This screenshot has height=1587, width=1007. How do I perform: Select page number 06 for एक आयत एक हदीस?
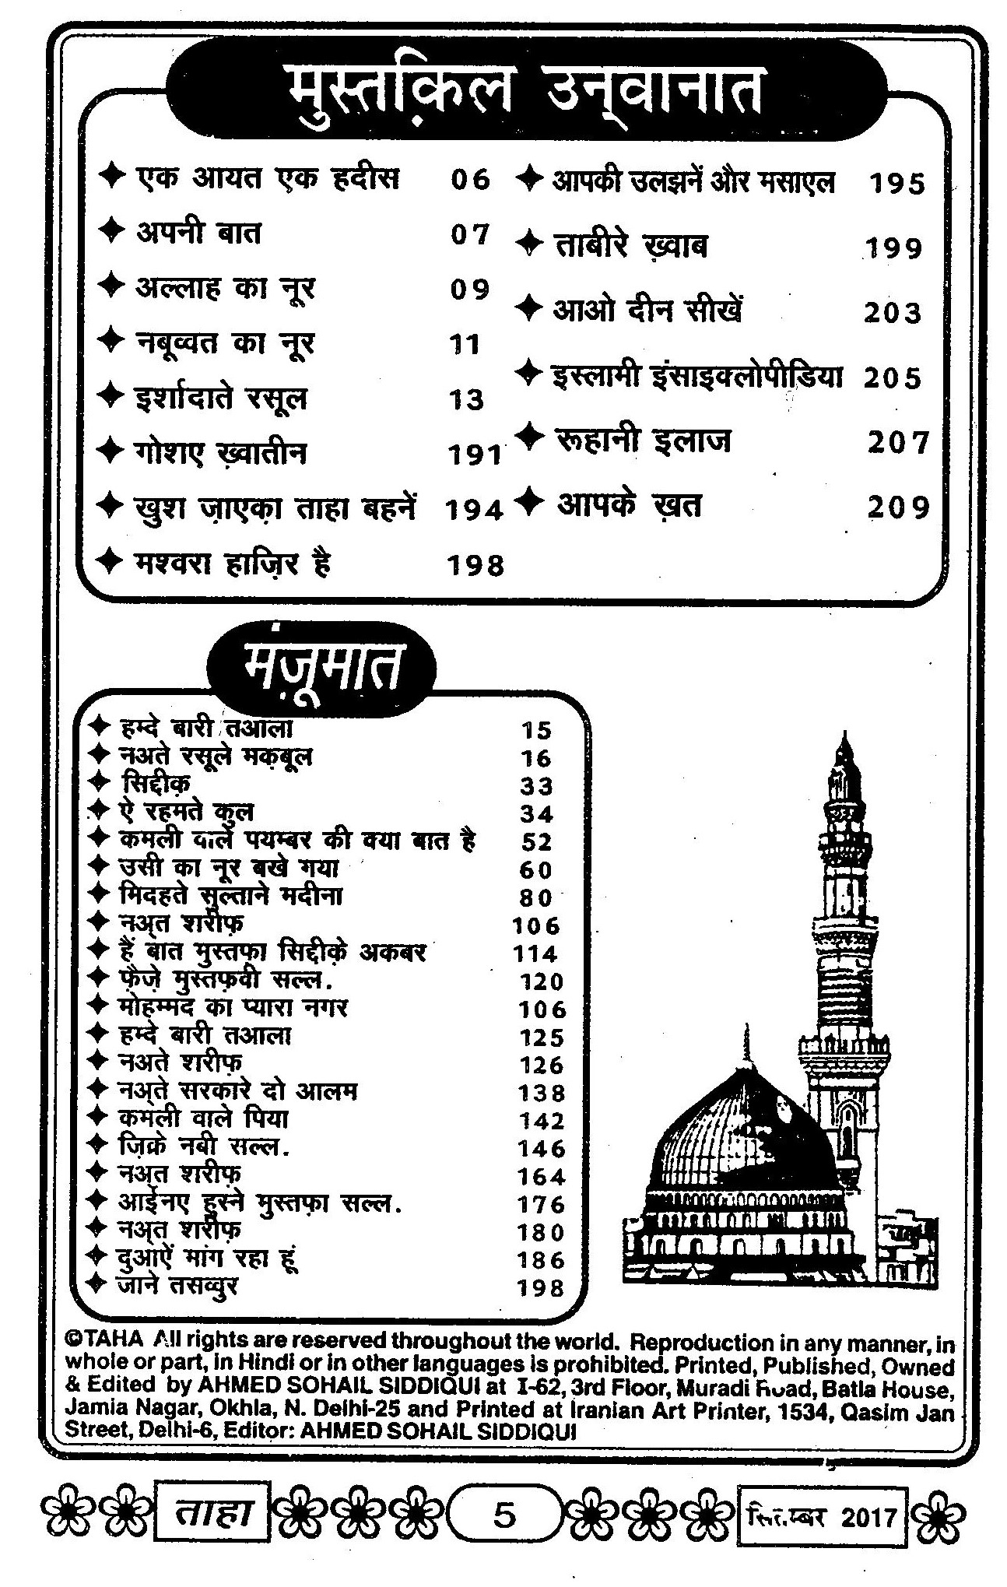470,180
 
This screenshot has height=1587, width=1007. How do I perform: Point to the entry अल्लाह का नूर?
225,288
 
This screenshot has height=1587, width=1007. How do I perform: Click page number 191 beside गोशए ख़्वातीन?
475,455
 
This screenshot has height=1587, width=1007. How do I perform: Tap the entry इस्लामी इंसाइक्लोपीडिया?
697,376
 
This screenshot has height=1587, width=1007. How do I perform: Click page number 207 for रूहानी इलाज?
899,442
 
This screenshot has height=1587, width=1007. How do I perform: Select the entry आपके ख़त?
629,506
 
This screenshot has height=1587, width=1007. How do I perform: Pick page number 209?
899,507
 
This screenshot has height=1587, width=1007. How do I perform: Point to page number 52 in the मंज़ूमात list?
536,842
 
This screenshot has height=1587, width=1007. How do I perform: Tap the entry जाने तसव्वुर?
177,1285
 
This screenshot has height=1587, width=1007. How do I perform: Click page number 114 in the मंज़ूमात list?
535,953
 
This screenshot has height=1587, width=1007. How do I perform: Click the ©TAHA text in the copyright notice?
105,1339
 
